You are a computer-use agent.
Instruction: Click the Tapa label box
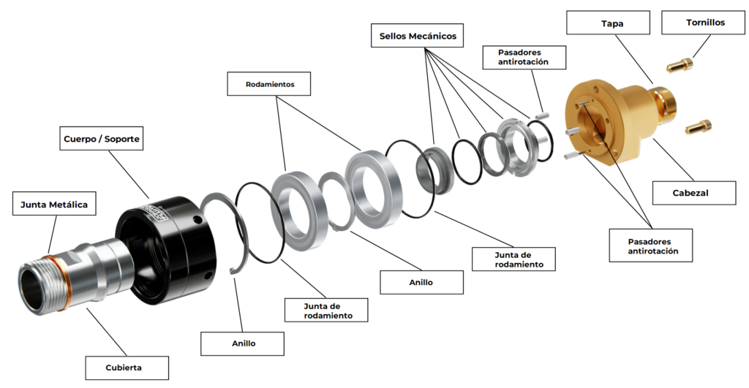(609, 22)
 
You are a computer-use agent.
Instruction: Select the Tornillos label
(705, 22)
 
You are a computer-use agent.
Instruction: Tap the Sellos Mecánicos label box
(418, 35)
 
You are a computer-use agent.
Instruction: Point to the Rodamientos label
(269, 84)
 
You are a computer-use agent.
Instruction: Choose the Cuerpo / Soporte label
(101, 137)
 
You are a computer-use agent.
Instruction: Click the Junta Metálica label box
(54, 205)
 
